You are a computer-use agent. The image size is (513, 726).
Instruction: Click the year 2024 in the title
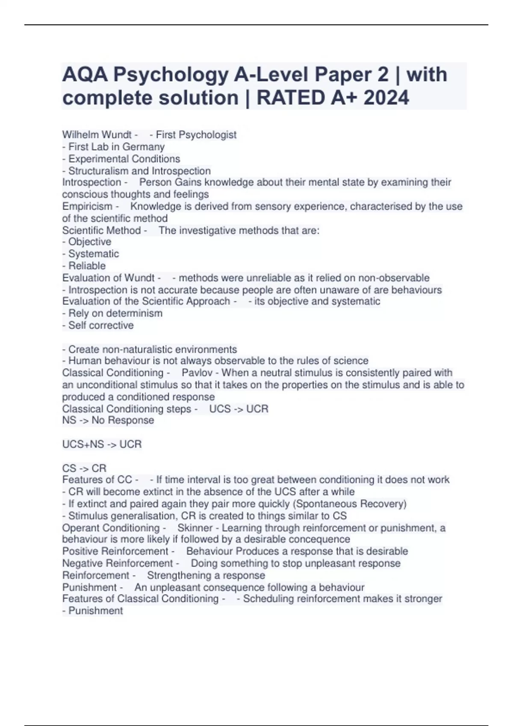[386, 98]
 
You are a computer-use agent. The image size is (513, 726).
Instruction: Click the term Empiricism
[87, 207]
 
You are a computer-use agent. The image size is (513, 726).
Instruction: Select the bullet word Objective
[90, 242]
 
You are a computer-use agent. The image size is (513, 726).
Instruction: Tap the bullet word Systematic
[94, 254]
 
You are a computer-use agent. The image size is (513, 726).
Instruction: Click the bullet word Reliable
[87, 266]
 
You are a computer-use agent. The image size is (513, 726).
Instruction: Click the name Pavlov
[197, 373]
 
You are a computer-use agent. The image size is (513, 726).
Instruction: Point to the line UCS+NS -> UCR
[102, 445]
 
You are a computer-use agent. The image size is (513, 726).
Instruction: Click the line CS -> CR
[84, 468]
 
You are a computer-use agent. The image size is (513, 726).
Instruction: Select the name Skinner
[195, 528]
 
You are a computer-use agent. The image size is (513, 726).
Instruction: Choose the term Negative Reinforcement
[118, 563]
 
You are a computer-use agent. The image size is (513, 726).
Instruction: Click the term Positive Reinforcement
[115, 551]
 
